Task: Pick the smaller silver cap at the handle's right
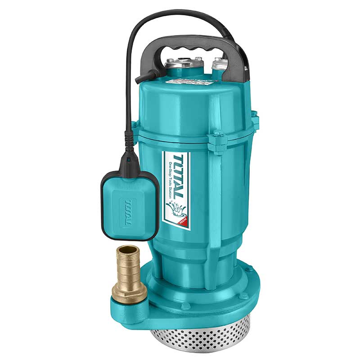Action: (220, 65)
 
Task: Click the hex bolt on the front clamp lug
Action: (218, 134)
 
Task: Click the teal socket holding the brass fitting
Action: (128, 308)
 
